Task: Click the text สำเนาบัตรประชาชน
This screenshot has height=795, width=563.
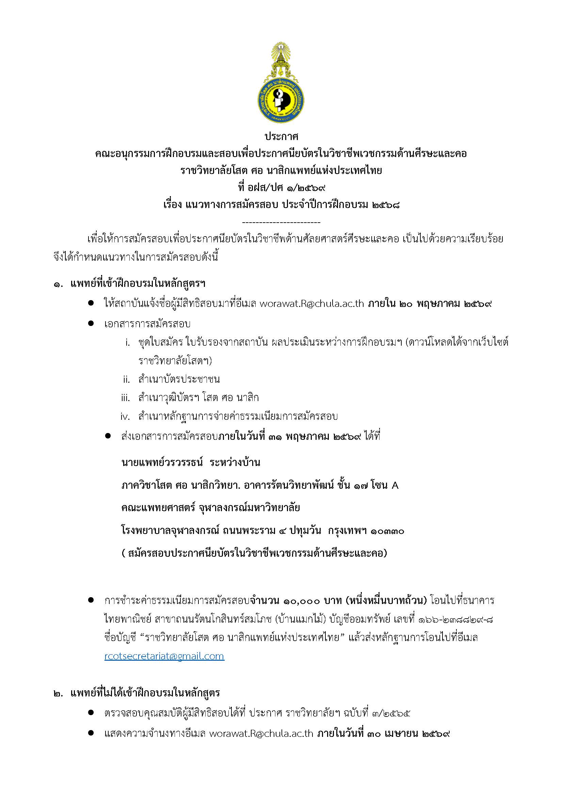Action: pyautogui.click(x=179, y=380)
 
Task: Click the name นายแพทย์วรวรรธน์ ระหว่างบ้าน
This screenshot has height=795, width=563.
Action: pyautogui.click(x=191, y=463)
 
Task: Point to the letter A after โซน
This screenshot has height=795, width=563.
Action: pyautogui.click(x=395, y=486)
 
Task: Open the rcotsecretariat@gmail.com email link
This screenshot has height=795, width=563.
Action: pyautogui.click(x=164, y=656)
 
